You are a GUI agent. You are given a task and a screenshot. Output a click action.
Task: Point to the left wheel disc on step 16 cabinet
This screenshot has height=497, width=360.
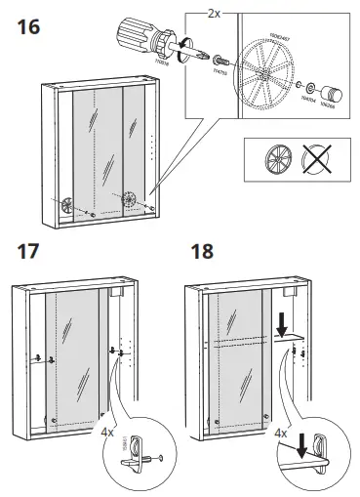tap(67, 205)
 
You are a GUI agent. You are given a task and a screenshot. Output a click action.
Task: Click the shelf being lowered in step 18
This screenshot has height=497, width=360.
tap(290, 338)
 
